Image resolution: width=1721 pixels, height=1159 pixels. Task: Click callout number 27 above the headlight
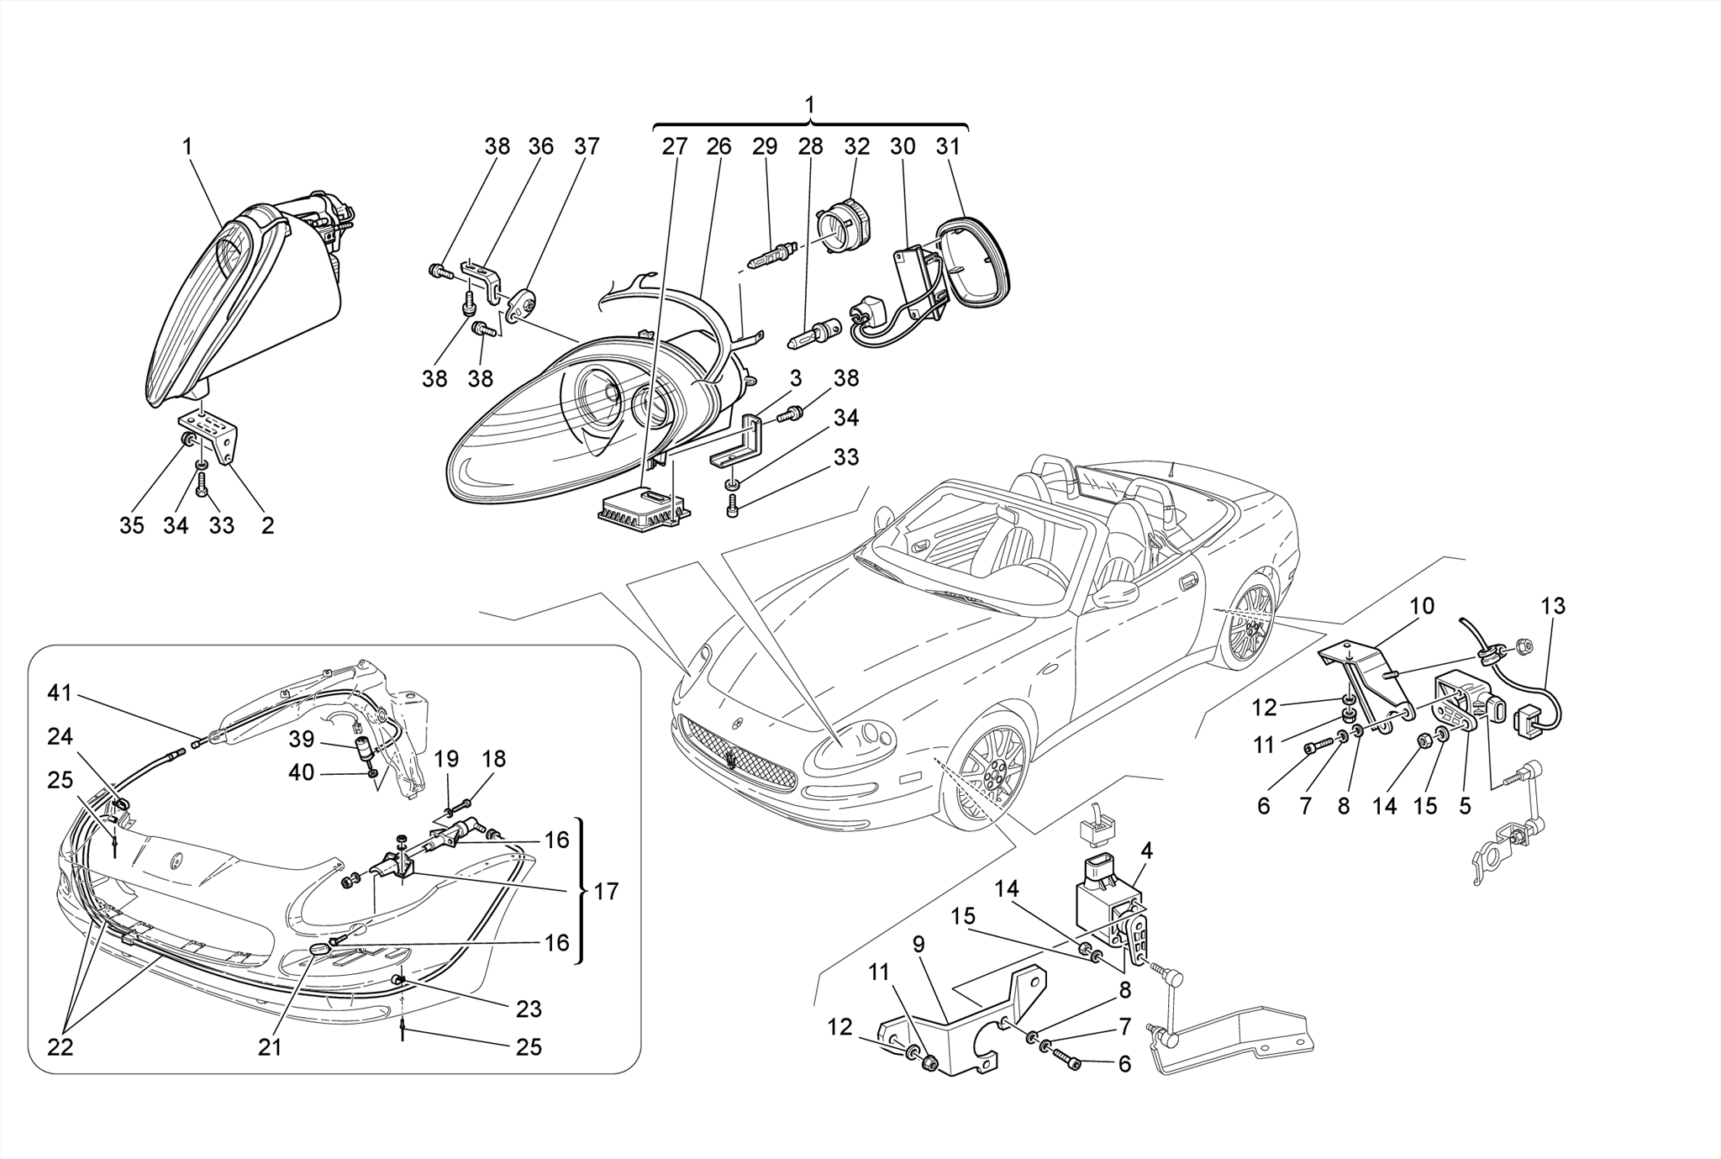(674, 146)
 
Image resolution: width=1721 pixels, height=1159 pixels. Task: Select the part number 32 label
(856, 146)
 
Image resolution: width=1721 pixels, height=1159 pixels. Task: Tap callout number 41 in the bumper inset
(60, 693)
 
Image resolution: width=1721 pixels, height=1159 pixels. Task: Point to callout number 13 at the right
(1553, 606)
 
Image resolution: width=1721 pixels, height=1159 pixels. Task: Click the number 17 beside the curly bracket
(606, 891)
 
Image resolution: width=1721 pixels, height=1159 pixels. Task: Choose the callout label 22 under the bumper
(60, 1047)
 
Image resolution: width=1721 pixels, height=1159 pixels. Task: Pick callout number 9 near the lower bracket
(918, 945)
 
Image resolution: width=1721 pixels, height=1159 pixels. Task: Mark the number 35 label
(132, 526)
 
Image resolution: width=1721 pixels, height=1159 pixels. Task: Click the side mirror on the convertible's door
(1114, 595)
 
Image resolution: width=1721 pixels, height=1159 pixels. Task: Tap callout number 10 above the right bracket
(1422, 606)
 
